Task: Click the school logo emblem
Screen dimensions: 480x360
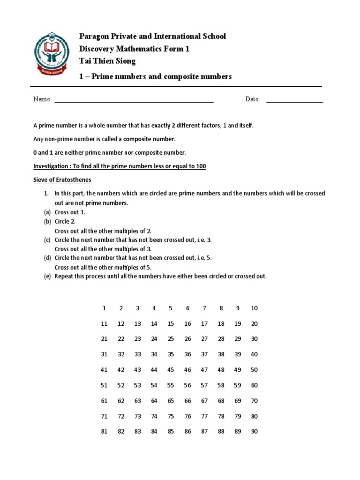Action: (x=52, y=52)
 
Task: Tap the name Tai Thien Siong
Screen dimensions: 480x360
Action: (x=107, y=61)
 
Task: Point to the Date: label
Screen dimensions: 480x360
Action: (x=252, y=99)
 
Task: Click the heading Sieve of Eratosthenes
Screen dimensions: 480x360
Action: (x=62, y=180)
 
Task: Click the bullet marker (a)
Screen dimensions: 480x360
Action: (x=47, y=212)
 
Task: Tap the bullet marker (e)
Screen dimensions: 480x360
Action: (x=47, y=276)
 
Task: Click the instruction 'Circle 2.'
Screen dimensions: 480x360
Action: (x=65, y=222)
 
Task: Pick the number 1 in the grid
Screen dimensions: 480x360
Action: (x=104, y=308)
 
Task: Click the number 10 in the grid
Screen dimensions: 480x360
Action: (x=254, y=308)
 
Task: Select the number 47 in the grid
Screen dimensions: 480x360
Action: (x=204, y=370)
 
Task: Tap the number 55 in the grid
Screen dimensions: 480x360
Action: (x=171, y=385)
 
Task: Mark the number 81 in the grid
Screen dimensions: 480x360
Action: (x=104, y=432)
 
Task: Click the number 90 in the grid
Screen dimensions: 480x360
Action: (x=254, y=432)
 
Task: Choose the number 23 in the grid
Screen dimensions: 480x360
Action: (x=137, y=339)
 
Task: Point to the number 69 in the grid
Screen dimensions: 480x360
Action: (x=238, y=401)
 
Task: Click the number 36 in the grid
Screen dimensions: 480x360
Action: (x=187, y=354)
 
